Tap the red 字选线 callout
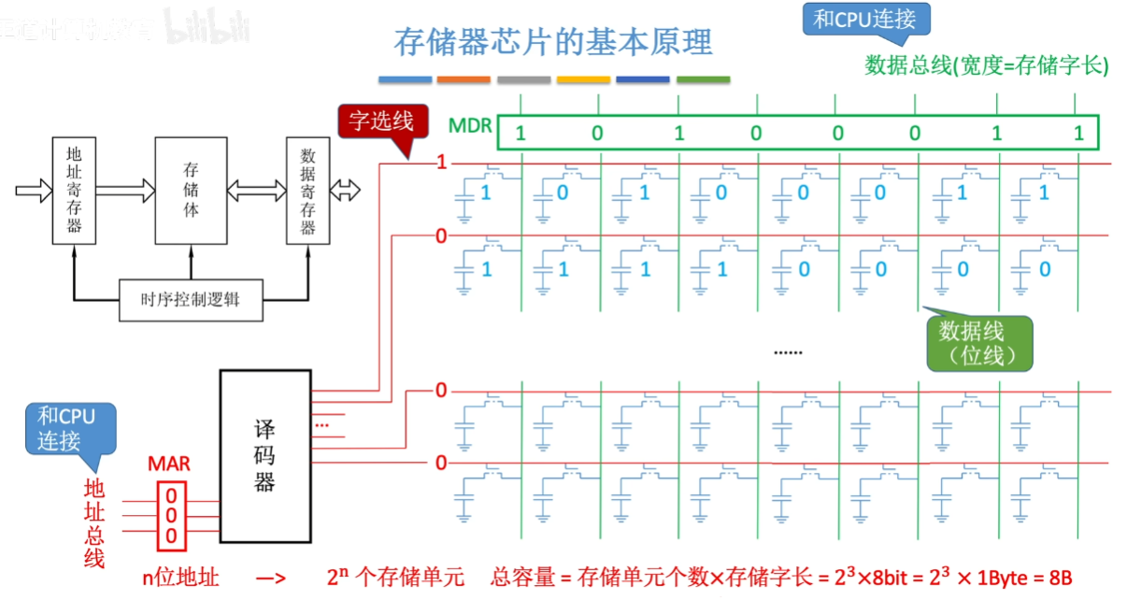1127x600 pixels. pyautogui.click(x=381, y=121)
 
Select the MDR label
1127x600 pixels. pyautogui.click(x=470, y=124)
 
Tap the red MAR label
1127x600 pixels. pyautogui.click(x=168, y=464)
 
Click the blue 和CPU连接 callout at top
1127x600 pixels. pyautogui.click(x=864, y=21)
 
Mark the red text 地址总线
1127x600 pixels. pyautogui.click(x=94, y=522)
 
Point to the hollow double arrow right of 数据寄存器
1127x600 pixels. pyautogui.click(x=346, y=191)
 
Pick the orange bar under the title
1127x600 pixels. pyautogui.click(x=464, y=79)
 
